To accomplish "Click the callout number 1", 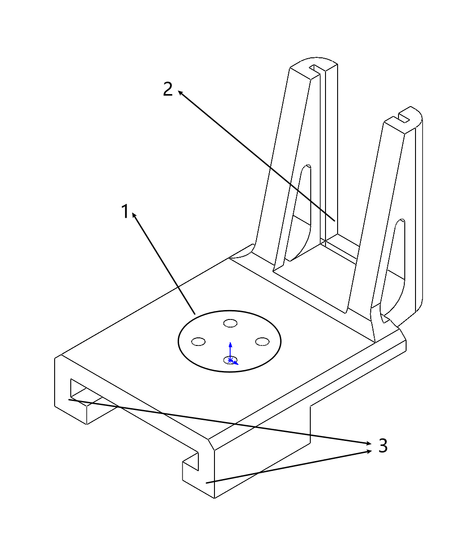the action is click(125, 211).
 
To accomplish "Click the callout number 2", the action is click(168, 90).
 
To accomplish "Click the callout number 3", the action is click(383, 445).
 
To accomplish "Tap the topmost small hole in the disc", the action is click(230, 323).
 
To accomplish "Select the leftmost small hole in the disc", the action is click(198, 341).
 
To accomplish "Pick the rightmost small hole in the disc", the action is click(262, 341).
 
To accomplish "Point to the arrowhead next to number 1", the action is click(134, 215).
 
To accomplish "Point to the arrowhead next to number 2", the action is click(180, 93).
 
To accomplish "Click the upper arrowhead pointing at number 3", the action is click(369, 443).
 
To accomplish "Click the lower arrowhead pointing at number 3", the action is click(369, 451).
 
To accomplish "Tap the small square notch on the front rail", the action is click(191, 462).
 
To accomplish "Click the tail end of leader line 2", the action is click(335, 221).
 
